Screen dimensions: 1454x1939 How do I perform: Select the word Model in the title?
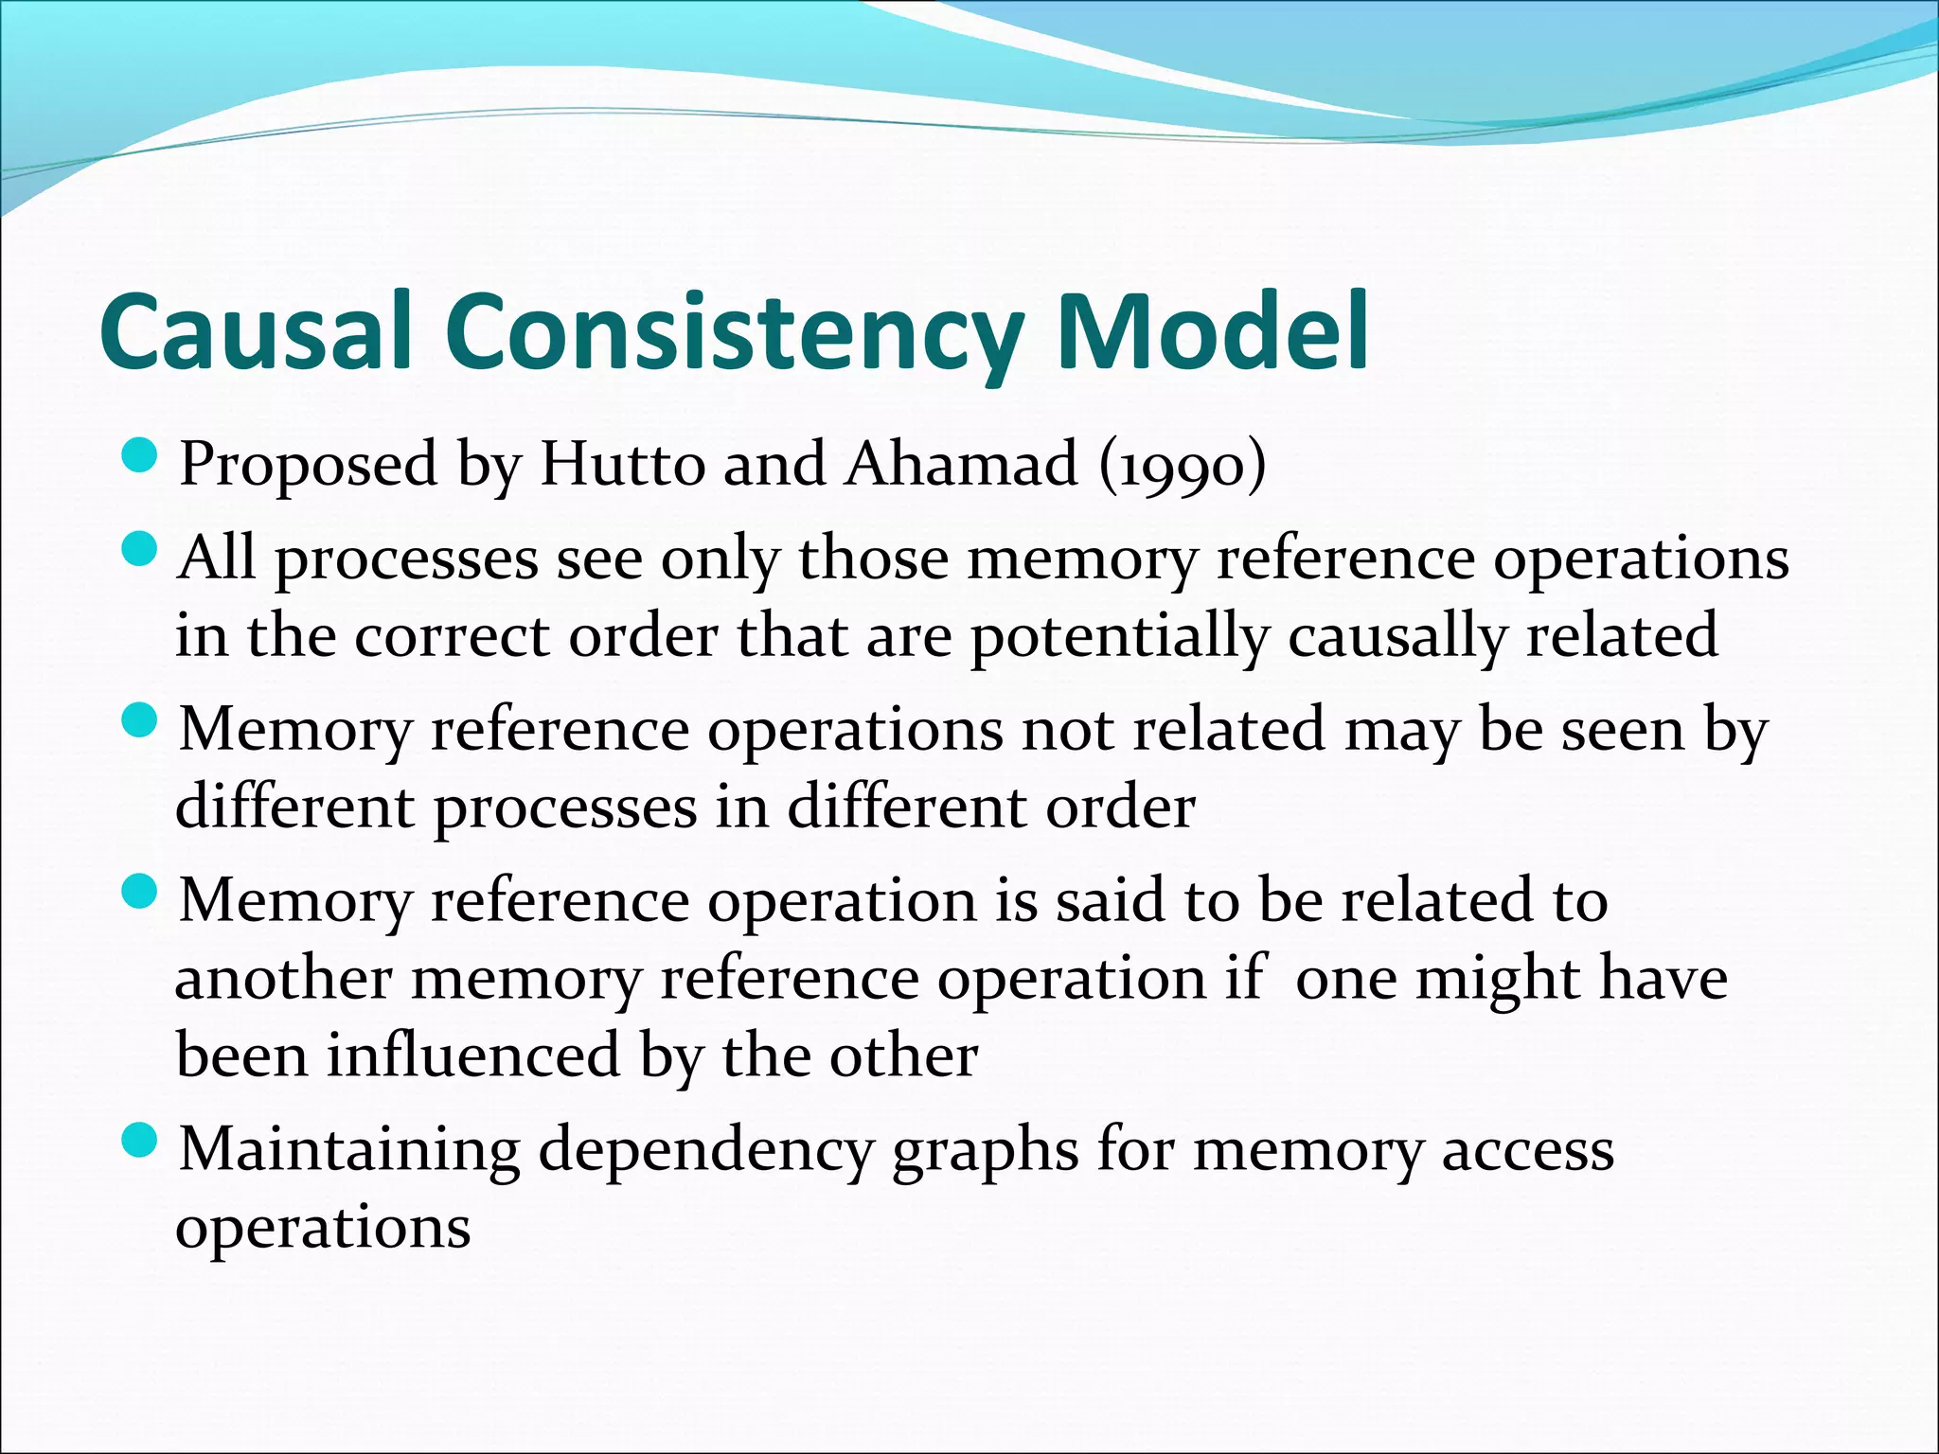(x=1213, y=332)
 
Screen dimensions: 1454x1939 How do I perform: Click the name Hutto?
(x=622, y=464)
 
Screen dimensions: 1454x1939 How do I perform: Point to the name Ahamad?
(x=962, y=464)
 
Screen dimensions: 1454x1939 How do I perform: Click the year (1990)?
(x=1183, y=466)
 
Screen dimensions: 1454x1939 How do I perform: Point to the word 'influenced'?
(x=473, y=1055)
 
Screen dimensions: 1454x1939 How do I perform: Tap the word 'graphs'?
(x=985, y=1152)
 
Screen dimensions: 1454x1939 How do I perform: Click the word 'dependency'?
(x=704, y=1152)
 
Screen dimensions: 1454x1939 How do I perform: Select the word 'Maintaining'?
(x=349, y=1150)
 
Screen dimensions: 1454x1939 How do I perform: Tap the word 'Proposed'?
(x=309, y=466)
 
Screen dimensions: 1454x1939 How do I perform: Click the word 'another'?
(x=283, y=979)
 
